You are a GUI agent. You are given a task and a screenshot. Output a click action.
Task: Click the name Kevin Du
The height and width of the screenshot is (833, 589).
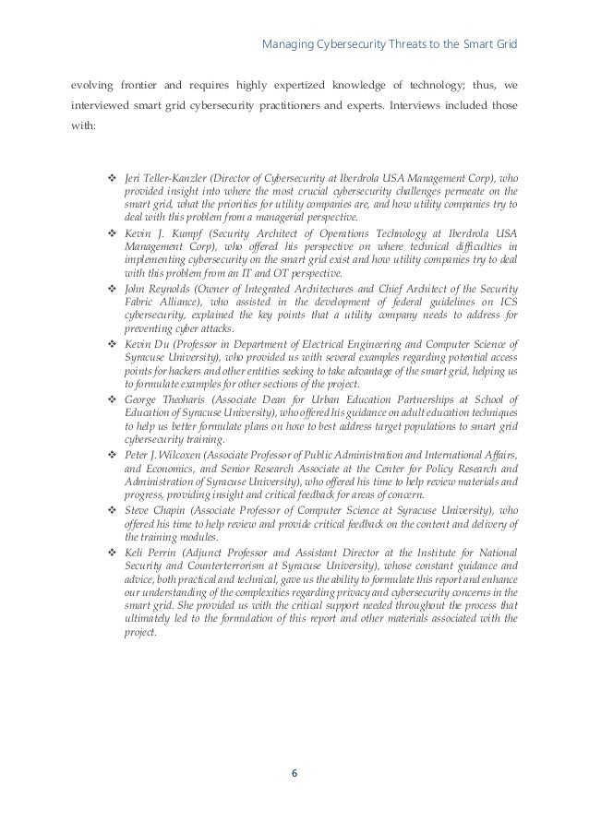pos(141,344)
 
